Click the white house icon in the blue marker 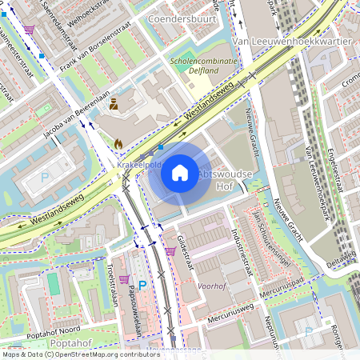click(x=180, y=173)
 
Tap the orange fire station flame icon click(x=119, y=144)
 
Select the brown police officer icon click(x=114, y=103)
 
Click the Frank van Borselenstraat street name click(x=97, y=48)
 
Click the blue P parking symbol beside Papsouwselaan click(x=142, y=285)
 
